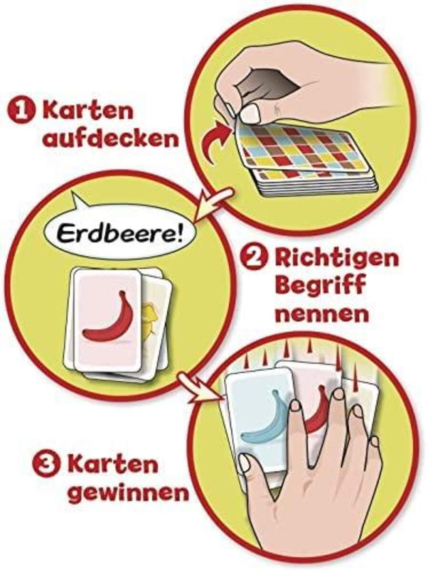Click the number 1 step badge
pyautogui.click(x=20, y=112)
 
